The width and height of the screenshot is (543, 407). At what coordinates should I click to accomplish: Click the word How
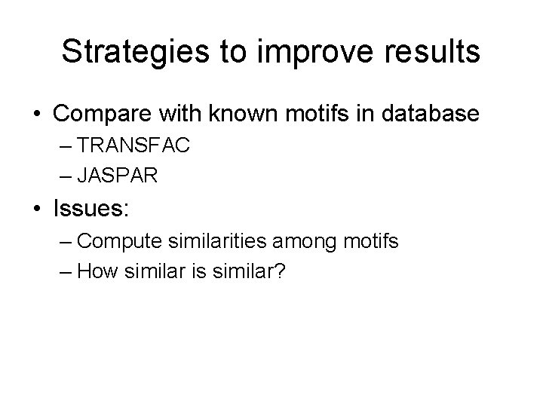(x=94, y=270)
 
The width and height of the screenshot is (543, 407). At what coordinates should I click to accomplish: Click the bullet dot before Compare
(x=36, y=115)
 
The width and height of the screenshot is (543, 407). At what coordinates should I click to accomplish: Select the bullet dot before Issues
(x=36, y=209)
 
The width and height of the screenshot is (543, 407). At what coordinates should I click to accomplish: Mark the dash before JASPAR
(x=63, y=176)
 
